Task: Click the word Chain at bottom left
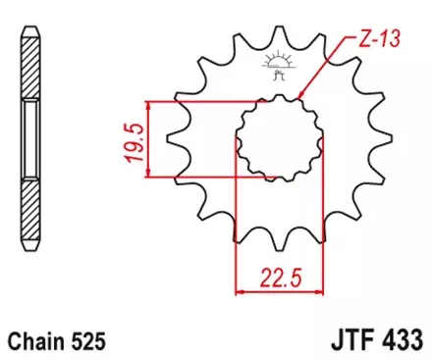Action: tap(37, 342)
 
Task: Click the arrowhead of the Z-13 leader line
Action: tap(300, 96)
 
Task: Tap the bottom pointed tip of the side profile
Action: tap(32, 261)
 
